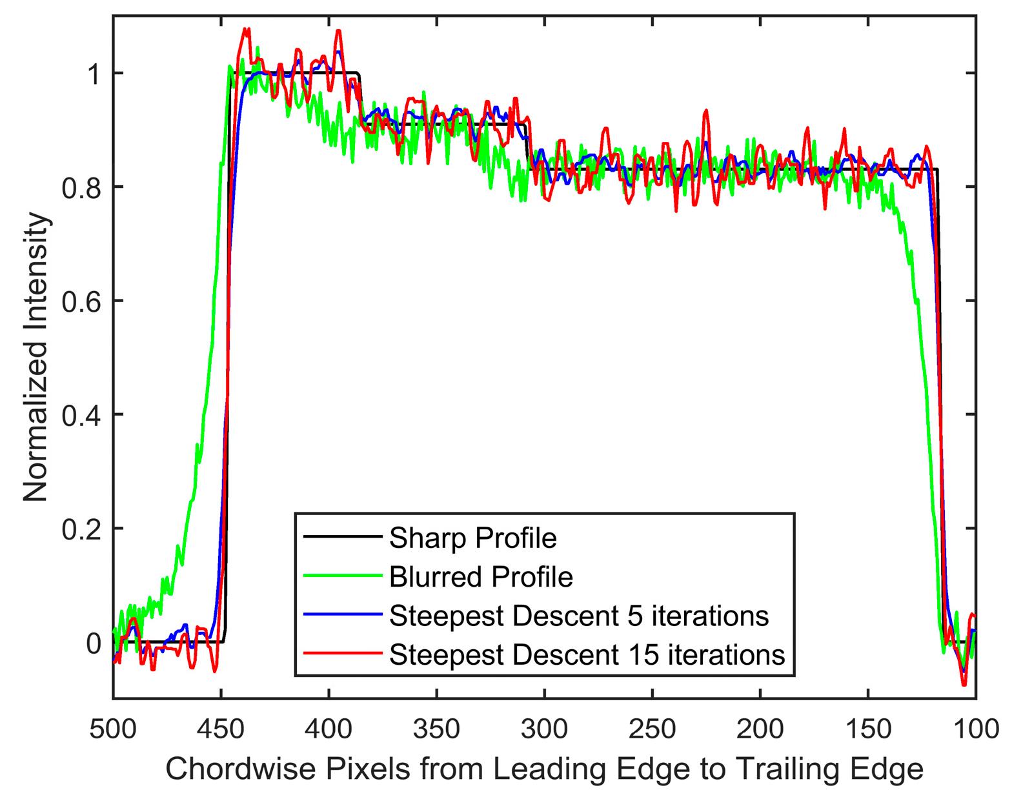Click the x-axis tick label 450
click(x=221, y=730)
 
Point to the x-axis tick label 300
click(x=545, y=730)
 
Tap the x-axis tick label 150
click(x=868, y=730)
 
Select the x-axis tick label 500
click(x=113, y=730)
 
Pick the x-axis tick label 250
click(x=653, y=730)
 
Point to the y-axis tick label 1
click(x=94, y=74)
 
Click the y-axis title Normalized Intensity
click(x=36, y=357)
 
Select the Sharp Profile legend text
click(x=472, y=538)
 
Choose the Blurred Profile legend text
click(x=481, y=576)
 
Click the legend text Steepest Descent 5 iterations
click(x=579, y=616)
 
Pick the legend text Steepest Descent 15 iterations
click(x=587, y=654)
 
